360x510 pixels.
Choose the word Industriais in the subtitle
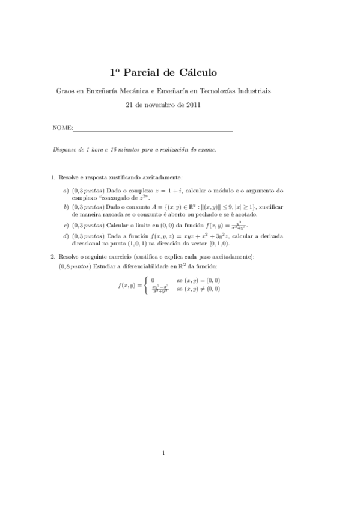coord(252,91)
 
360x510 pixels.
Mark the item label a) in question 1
coord(66,191)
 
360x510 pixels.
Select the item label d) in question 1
coord(66,236)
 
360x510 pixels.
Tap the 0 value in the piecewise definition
coord(153,280)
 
